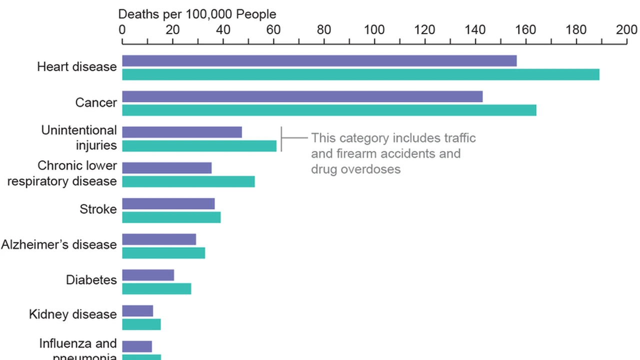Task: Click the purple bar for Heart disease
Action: [x=319, y=61]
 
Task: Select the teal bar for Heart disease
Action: [x=360, y=74]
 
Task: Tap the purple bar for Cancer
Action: [x=302, y=96]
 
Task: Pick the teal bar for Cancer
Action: [x=329, y=110]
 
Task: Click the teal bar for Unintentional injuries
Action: [x=199, y=146]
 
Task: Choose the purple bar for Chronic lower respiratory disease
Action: [x=166, y=168]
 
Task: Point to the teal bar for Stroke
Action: [x=171, y=217]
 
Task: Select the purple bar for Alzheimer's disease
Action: [x=159, y=239]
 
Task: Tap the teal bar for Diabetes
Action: [x=156, y=289]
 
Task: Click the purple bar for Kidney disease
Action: [x=137, y=311]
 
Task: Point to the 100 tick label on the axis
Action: [x=374, y=29]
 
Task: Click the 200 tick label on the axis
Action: [x=626, y=29]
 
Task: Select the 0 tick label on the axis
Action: [x=122, y=29]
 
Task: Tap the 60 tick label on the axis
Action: [x=273, y=29]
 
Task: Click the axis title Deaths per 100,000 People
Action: [x=197, y=14]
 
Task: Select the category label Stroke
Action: [x=98, y=209]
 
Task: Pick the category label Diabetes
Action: [x=91, y=279]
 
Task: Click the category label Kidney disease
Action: [x=73, y=314]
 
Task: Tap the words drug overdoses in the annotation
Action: [x=355, y=169]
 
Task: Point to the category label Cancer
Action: [x=96, y=102]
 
